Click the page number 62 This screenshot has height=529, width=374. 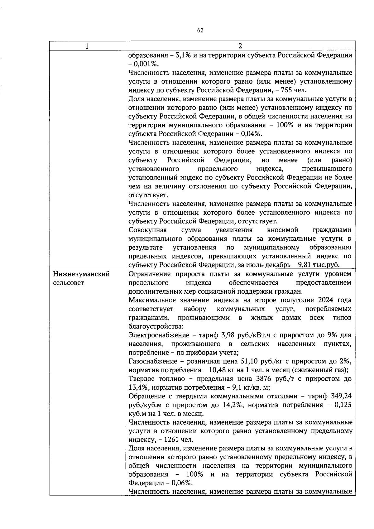point(200,30)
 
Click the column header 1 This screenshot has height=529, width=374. point(87,46)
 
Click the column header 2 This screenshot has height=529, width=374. point(240,46)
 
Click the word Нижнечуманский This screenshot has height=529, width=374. point(82,274)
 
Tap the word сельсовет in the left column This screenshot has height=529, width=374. point(69,283)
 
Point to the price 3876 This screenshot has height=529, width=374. point(264,379)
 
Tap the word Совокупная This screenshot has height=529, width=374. point(147,230)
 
